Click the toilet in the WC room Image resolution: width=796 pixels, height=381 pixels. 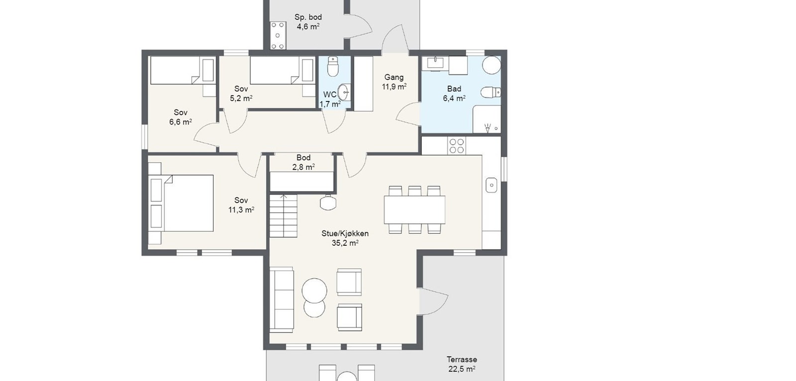(x=333, y=67)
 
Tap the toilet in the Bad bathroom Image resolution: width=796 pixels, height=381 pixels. (x=491, y=93)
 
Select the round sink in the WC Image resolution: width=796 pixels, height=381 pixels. (x=344, y=92)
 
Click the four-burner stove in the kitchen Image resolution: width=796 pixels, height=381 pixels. (x=457, y=146)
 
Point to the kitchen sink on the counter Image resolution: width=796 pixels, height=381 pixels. (x=492, y=185)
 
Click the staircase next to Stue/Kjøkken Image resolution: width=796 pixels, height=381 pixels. (x=283, y=216)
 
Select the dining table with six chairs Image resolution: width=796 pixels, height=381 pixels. (x=415, y=210)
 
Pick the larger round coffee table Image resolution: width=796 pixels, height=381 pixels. (x=314, y=290)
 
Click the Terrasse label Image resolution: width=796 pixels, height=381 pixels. (x=462, y=359)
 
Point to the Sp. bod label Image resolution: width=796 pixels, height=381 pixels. (x=308, y=17)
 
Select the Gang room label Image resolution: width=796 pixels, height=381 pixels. (x=394, y=77)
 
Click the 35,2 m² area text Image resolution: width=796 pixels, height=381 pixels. (x=345, y=243)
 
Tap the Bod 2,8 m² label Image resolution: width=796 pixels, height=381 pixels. (x=303, y=162)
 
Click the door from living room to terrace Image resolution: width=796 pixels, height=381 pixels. (x=433, y=301)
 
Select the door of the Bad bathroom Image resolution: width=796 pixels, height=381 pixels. (x=408, y=114)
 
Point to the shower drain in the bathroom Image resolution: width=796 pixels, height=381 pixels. (x=496, y=129)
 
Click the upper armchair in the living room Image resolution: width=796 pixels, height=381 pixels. (x=349, y=282)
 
